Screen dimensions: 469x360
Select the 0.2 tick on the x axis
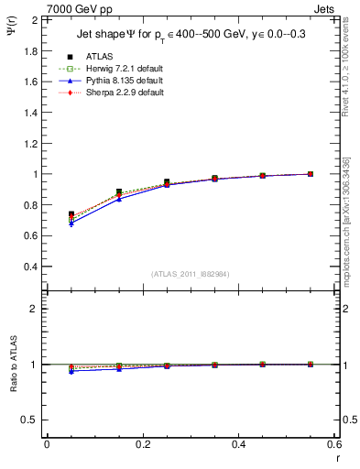pos(143,444)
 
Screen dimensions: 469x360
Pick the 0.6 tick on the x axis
pos(334,444)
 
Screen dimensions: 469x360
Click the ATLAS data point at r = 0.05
pos(71,214)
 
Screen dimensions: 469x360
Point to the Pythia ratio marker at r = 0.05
pos(71,371)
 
